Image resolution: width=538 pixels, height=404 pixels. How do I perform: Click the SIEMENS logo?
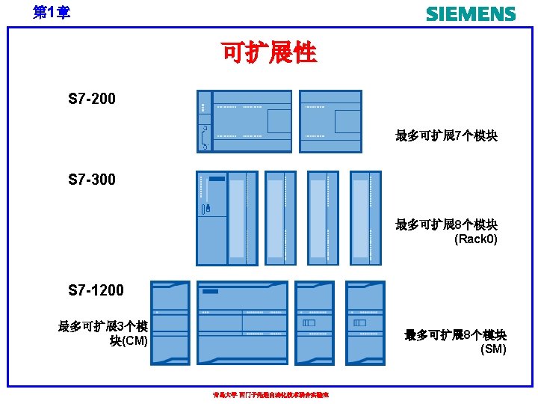(471, 13)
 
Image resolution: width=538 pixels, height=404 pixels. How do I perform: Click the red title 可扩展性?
(269, 52)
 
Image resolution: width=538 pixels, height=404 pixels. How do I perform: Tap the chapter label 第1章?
(52, 12)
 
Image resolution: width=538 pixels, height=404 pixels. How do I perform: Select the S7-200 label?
(92, 99)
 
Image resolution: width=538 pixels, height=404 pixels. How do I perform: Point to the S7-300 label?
(92, 180)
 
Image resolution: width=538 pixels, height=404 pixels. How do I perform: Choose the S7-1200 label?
(96, 290)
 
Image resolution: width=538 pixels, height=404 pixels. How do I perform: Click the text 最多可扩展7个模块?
(447, 136)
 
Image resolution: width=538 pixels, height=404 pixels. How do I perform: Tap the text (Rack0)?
(476, 239)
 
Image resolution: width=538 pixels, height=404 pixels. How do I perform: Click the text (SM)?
(492, 349)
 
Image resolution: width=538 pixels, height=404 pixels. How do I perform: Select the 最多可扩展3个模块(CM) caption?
(103, 334)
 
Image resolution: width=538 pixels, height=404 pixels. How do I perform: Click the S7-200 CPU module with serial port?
(244, 121)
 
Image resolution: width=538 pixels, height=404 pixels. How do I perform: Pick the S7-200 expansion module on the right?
(330, 121)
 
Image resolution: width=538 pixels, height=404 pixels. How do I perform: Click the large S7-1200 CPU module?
(243, 322)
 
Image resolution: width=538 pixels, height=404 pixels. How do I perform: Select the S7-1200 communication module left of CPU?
(170, 322)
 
